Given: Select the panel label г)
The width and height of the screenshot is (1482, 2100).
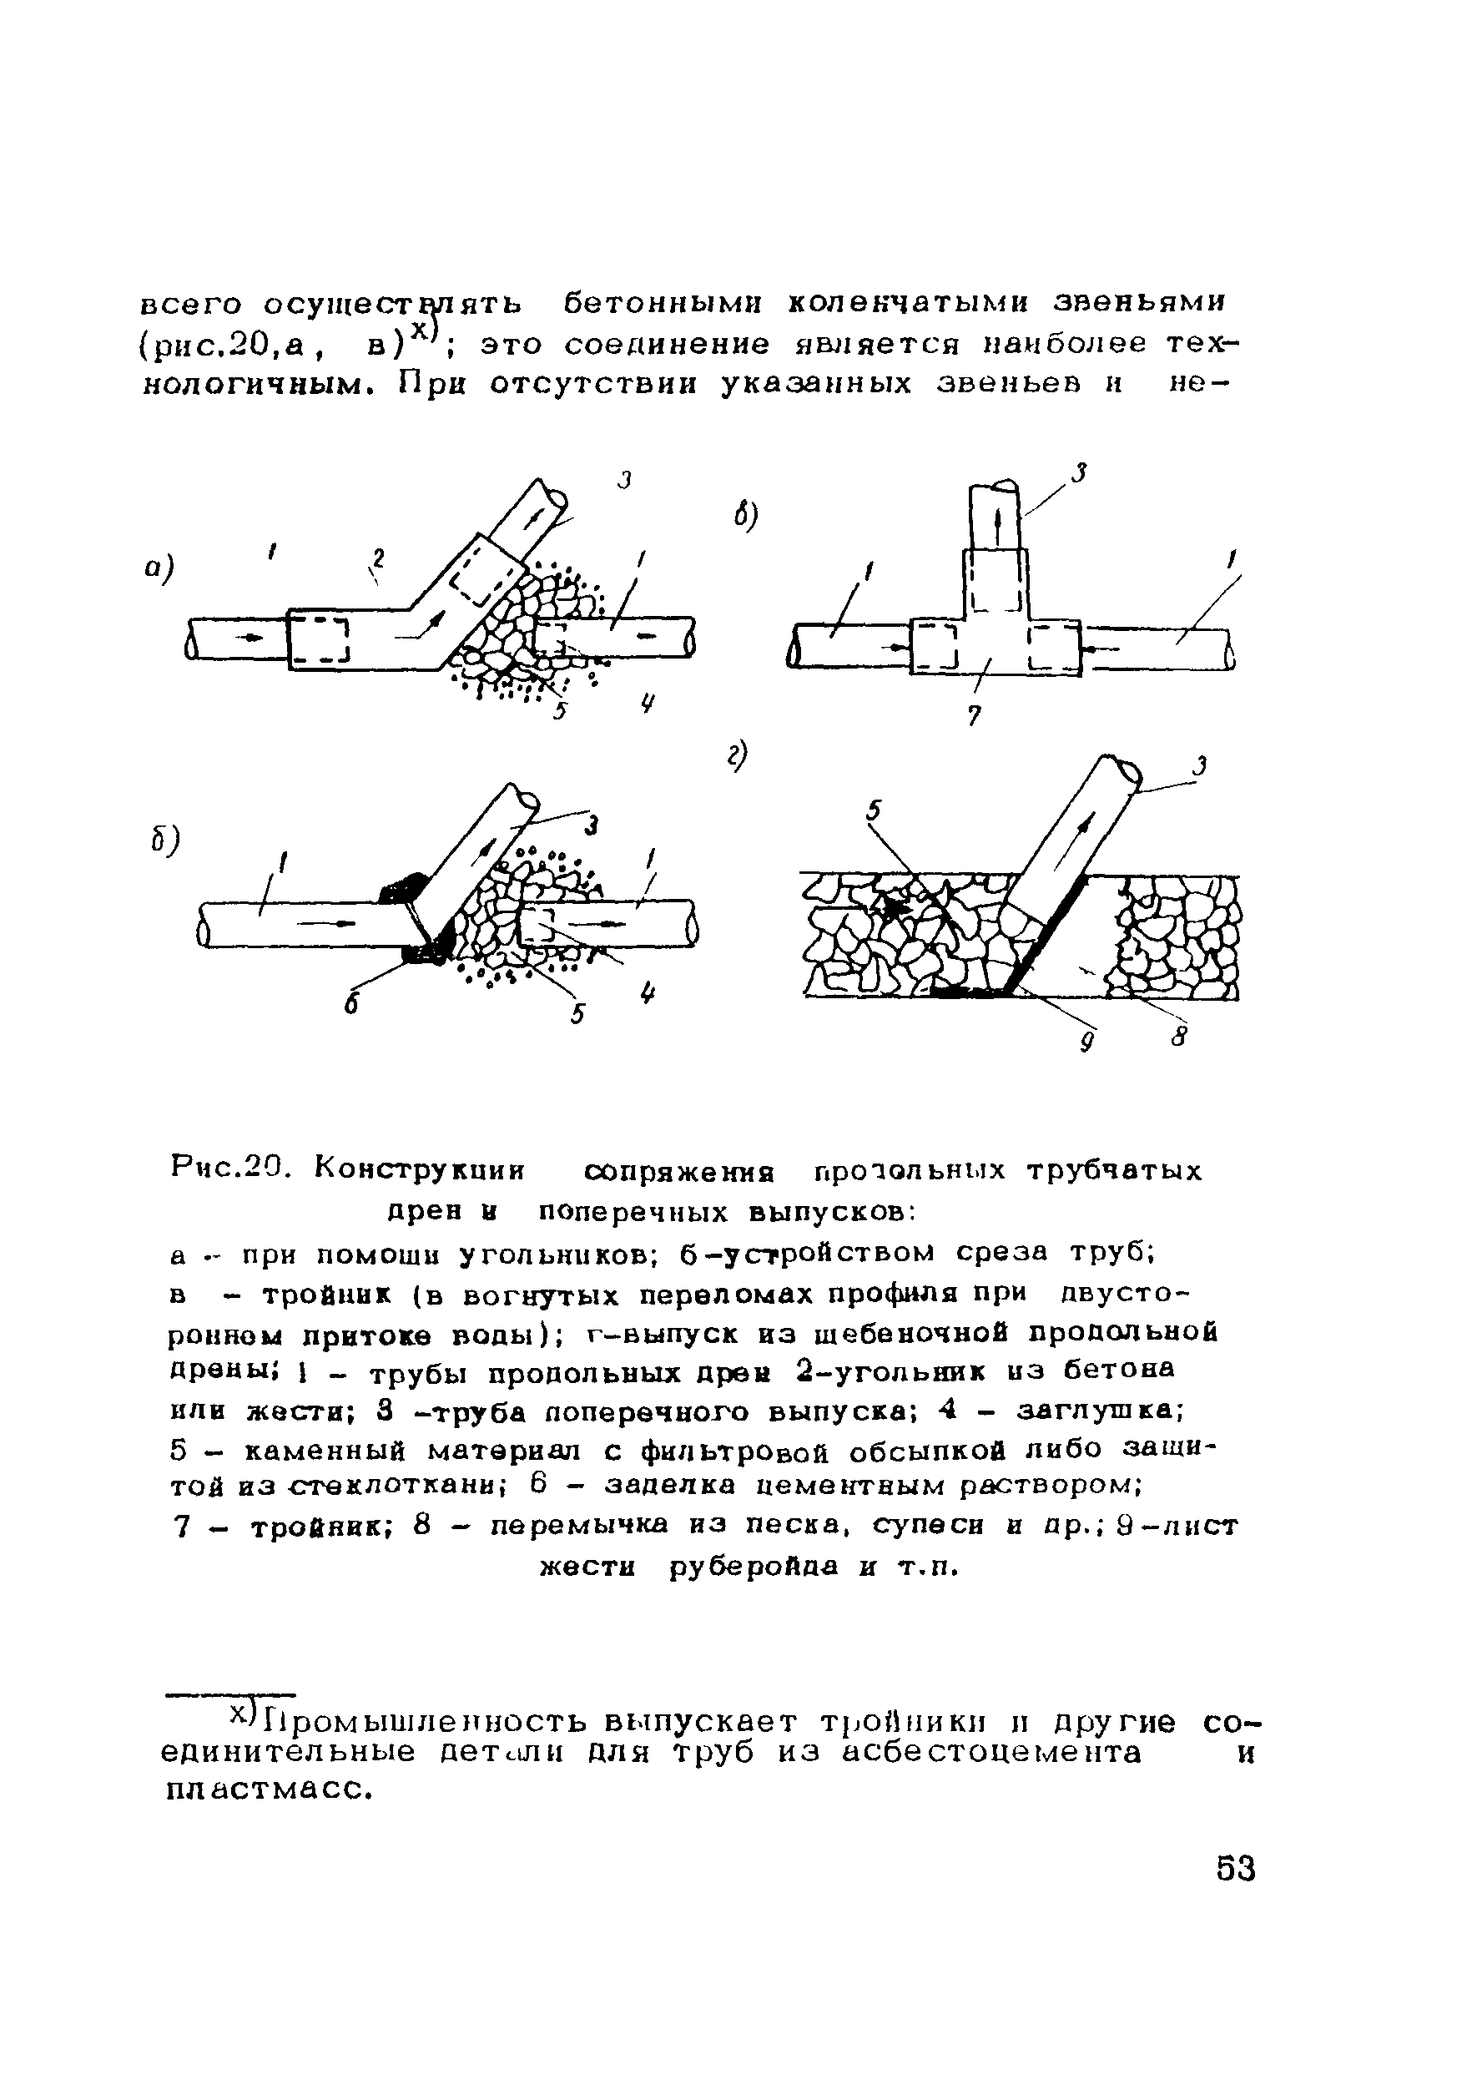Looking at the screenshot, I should pyautogui.click(x=738, y=756).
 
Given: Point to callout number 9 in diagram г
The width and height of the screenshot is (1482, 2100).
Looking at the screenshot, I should pyautogui.click(x=1087, y=1041).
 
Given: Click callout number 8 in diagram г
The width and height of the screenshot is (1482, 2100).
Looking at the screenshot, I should pyautogui.click(x=1179, y=1037).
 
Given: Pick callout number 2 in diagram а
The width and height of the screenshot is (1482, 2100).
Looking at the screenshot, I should pyautogui.click(x=376, y=557).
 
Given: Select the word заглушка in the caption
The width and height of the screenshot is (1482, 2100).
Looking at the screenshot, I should pyautogui.click(x=1100, y=1411).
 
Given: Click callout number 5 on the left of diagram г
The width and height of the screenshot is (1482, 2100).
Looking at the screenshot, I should pyautogui.click(x=874, y=810).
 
